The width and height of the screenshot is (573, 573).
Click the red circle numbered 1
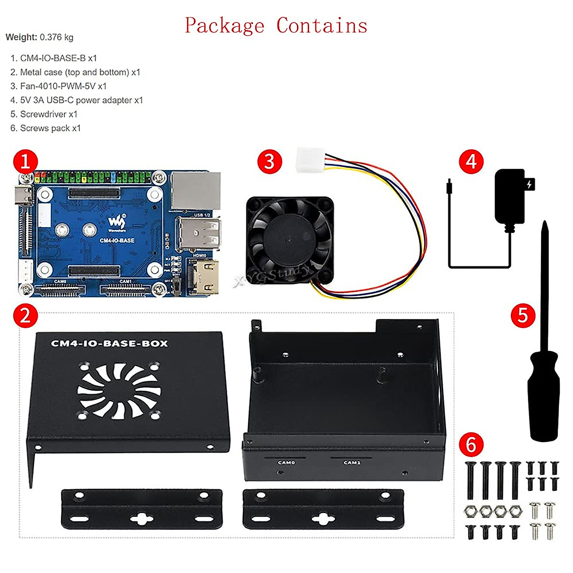tap(25, 161)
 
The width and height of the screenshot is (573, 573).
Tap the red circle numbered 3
tap(269, 161)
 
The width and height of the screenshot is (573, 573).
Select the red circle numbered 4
tap(471, 161)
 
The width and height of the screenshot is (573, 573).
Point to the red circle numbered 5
tap(523, 316)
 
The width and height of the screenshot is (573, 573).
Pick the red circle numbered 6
tap(471, 445)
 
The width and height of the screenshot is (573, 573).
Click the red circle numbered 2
tap(25, 316)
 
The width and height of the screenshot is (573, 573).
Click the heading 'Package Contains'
tap(276, 26)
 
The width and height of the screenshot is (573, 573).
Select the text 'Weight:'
tap(21, 37)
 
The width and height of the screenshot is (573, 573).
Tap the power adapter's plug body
tap(510, 196)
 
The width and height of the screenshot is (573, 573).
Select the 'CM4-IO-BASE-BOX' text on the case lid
tap(109, 343)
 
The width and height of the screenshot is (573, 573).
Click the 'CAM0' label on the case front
tap(286, 462)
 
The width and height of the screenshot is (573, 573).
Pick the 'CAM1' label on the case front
tap(352, 462)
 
